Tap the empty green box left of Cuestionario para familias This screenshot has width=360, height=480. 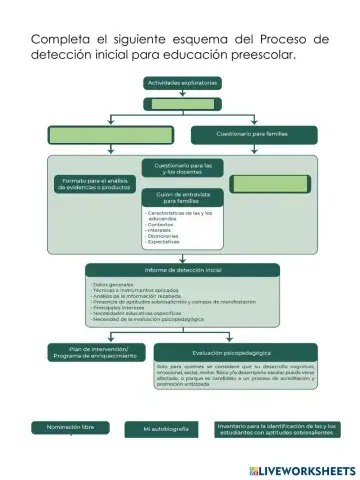tap(96, 134)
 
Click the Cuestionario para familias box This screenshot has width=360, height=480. tap(254, 134)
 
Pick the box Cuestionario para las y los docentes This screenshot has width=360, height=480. tap(182, 167)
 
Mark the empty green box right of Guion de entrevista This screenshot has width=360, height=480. tap(269, 184)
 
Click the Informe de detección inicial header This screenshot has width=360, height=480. tap(182, 270)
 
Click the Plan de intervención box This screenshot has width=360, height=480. tap(96, 351)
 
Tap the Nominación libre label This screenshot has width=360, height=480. tap(70, 427)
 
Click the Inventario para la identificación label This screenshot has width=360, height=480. tap(277, 428)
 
